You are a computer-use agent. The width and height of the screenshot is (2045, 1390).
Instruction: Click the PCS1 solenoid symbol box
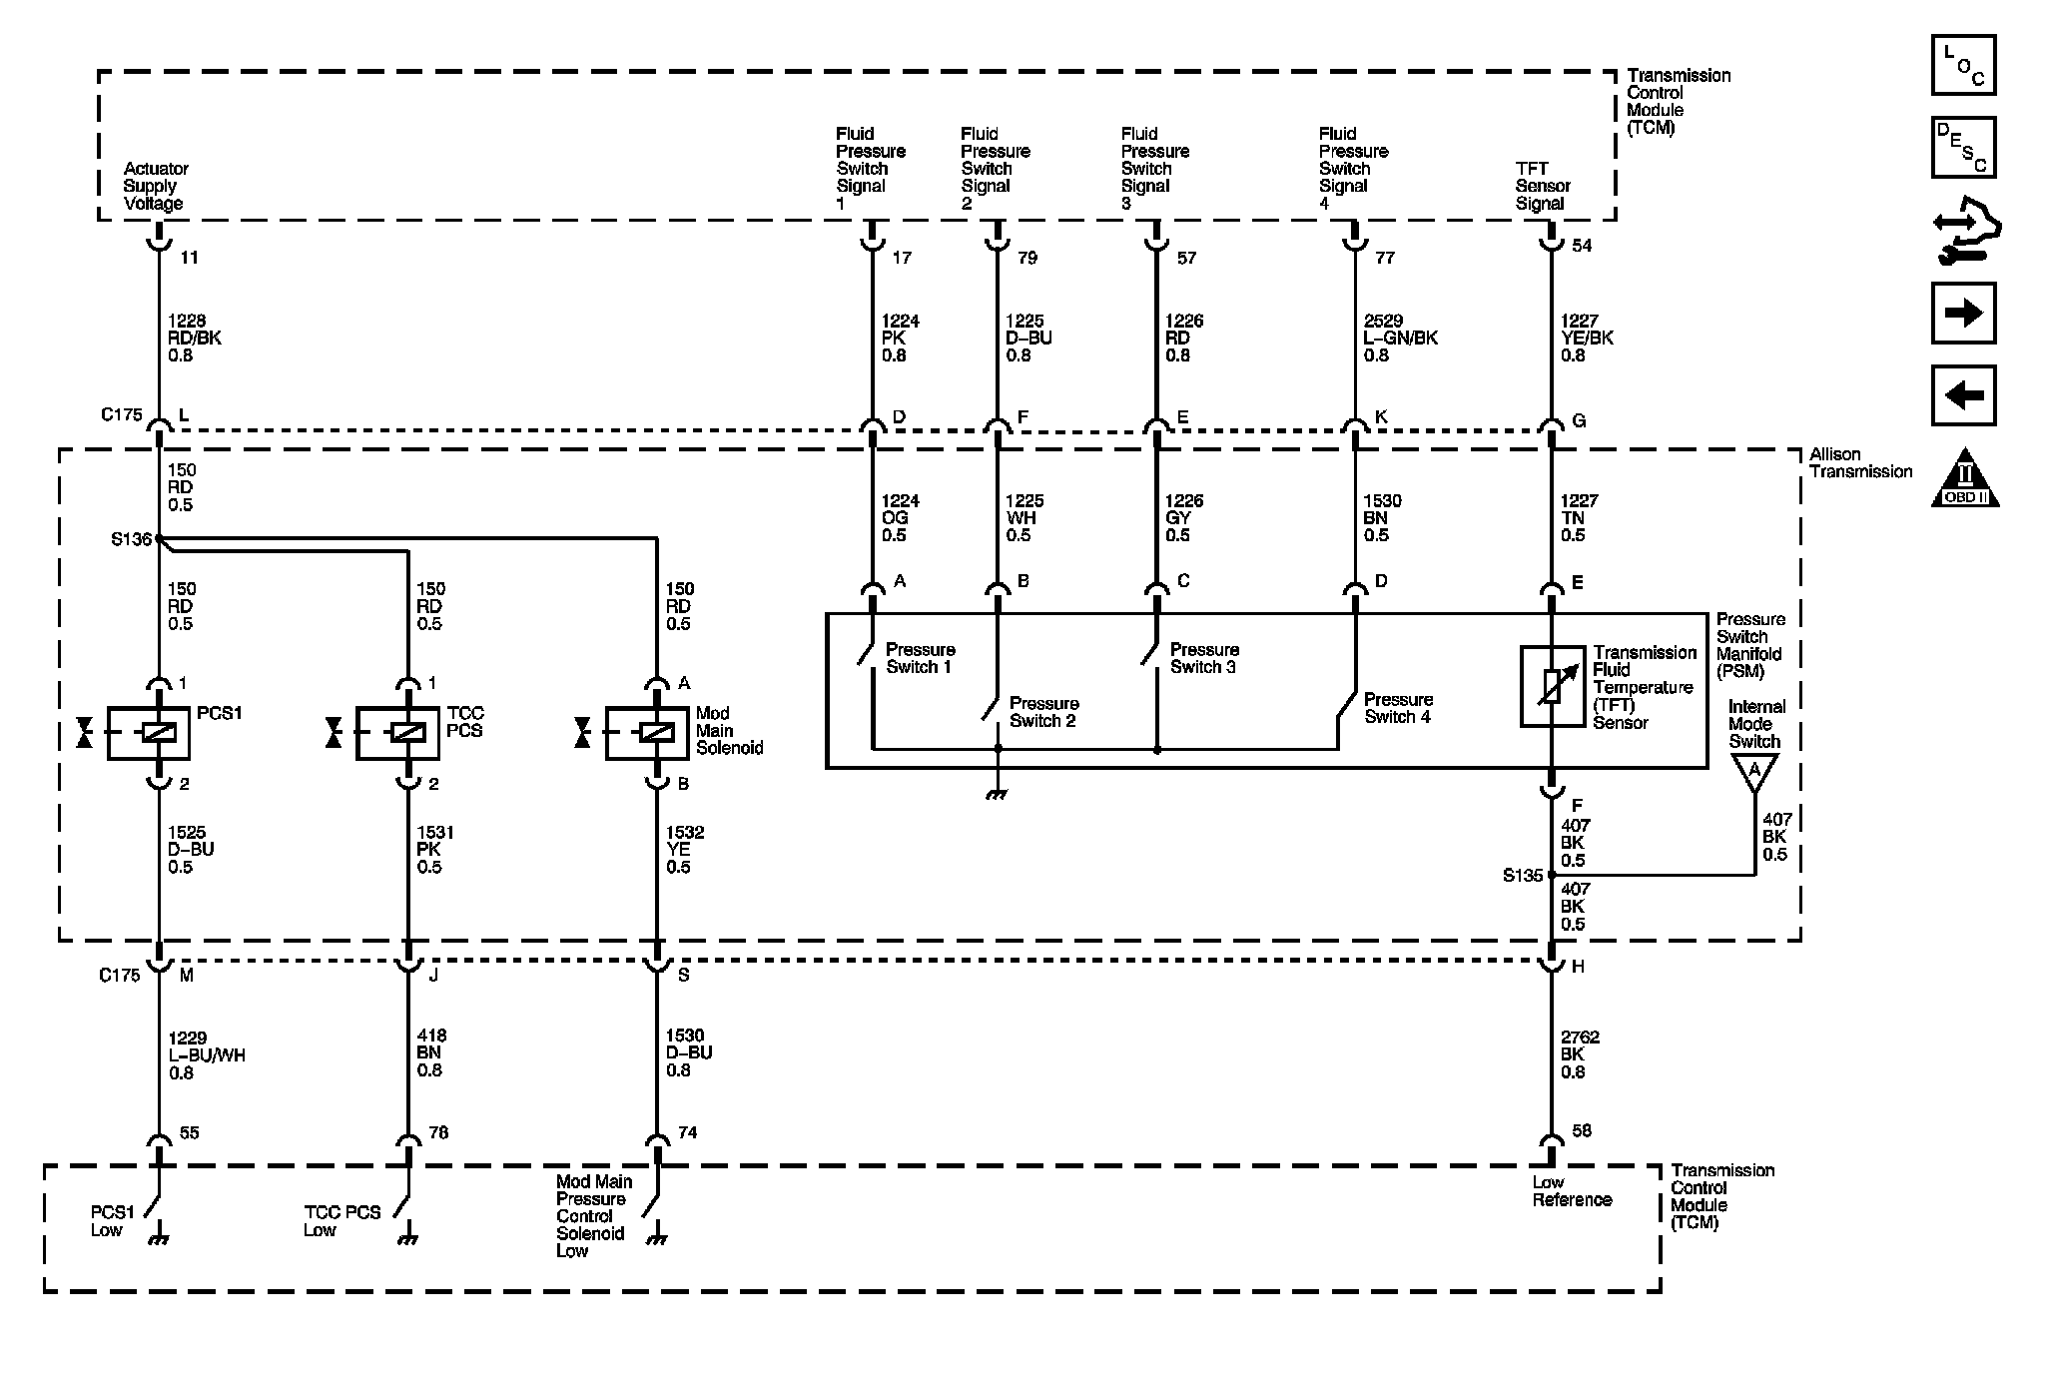click(x=147, y=734)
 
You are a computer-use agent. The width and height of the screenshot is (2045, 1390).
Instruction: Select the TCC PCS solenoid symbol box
click(x=396, y=734)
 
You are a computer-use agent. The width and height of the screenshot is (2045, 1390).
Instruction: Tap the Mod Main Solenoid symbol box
click(x=646, y=734)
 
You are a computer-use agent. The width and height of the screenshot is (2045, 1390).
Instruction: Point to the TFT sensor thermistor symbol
click(x=1552, y=686)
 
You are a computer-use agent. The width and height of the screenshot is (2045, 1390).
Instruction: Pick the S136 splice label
click(x=130, y=540)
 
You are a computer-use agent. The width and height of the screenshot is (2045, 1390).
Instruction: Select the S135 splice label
click(x=1523, y=877)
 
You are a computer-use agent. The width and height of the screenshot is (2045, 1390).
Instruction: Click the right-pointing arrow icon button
click(x=1963, y=314)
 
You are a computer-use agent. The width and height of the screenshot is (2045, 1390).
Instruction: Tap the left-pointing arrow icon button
click(x=1963, y=395)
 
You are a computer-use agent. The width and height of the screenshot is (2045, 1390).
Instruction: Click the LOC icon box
click(x=1963, y=66)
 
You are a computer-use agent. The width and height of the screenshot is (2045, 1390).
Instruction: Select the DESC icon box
click(x=1963, y=148)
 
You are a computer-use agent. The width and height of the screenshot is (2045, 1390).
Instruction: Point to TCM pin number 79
click(x=1027, y=259)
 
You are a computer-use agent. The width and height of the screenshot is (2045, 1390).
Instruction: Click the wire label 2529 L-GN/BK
click(x=1400, y=339)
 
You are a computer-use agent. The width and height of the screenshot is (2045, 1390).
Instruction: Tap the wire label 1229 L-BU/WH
click(x=206, y=1055)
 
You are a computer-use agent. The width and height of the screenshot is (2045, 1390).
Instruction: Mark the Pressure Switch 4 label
click(x=1398, y=708)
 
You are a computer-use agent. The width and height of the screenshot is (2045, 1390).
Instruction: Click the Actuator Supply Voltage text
click(x=156, y=187)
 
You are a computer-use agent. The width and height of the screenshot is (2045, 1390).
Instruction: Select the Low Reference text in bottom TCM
click(x=1572, y=1191)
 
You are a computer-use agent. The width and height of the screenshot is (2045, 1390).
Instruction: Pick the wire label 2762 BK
click(x=1580, y=1054)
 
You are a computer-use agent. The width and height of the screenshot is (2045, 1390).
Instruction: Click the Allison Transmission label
click(x=1860, y=463)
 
